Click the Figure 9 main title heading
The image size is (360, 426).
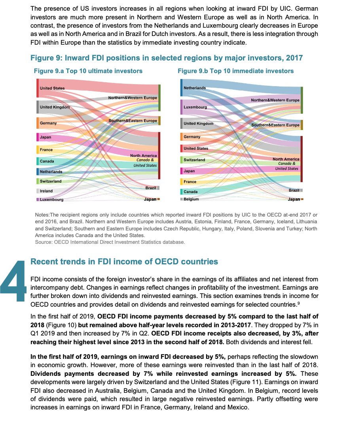click(x=167, y=58)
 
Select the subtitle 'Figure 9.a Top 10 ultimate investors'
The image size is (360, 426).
click(x=88, y=71)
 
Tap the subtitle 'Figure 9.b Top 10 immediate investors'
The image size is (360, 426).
click(x=236, y=71)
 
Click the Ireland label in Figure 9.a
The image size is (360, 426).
click(x=46, y=191)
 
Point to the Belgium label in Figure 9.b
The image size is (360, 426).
click(x=191, y=199)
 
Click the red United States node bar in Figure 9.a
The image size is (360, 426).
click(x=38, y=88)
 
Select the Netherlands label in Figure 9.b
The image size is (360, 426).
click(x=195, y=88)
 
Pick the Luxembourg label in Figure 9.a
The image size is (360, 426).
click(x=51, y=200)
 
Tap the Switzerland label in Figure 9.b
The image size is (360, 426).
click(x=194, y=160)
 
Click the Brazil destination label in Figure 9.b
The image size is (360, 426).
click(x=294, y=190)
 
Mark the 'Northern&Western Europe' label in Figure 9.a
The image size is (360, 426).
click(x=133, y=98)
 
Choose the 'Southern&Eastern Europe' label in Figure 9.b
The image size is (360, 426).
click(x=275, y=125)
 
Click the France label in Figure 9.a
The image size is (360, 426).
click(x=46, y=150)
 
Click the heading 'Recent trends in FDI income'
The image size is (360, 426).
click(x=124, y=262)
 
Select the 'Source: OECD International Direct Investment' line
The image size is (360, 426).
click(x=110, y=242)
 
